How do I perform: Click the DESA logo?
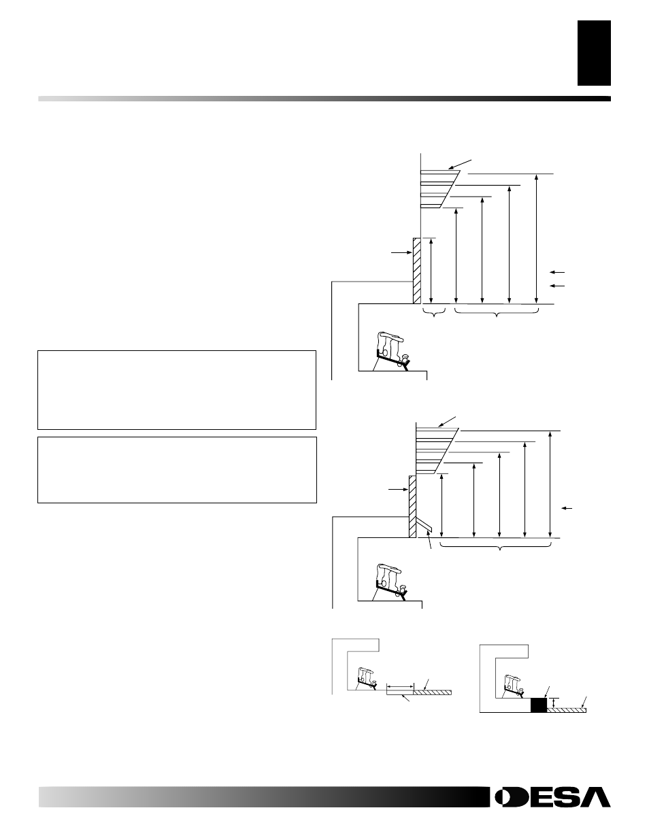[x=552, y=797]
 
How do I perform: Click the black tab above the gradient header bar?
[x=594, y=53]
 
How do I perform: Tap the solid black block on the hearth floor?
[x=538, y=705]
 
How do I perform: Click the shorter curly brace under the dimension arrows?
[x=433, y=314]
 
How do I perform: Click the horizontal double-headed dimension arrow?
[x=399, y=687]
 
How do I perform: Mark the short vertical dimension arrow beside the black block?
[x=555, y=703]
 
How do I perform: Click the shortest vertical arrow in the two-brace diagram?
[x=431, y=271]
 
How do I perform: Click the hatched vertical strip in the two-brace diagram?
[x=416, y=270]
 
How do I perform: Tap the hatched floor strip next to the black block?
[x=566, y=709]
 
